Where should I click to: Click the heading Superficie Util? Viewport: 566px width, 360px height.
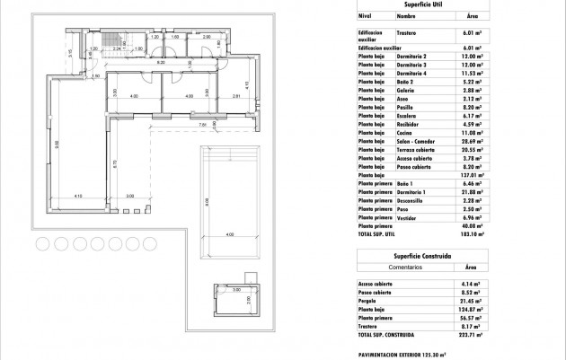420,5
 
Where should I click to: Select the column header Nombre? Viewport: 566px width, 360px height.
406,16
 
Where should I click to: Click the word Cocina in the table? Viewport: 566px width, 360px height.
404,132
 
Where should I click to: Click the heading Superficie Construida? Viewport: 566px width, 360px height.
420,255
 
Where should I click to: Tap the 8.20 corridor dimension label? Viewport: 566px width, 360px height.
160,64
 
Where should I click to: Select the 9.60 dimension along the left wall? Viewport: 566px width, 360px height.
56,143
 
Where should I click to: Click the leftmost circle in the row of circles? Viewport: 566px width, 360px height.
42,243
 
